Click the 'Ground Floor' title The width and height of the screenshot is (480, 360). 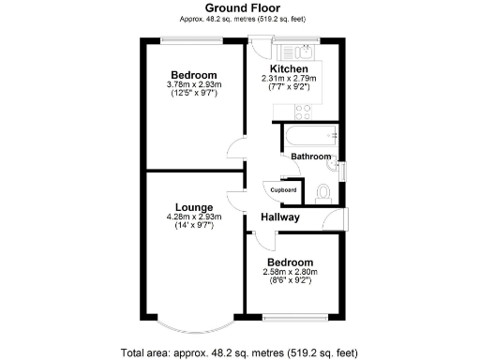click(239, 7)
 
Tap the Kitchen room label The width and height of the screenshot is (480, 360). click(290, 69)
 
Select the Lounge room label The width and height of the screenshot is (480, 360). click(194, 207)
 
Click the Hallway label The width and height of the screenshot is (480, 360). click(280, 217)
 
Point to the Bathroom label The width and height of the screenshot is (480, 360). click(309, 157)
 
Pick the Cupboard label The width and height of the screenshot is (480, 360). click(284, 190)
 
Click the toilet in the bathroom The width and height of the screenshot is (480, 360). click(324, 190)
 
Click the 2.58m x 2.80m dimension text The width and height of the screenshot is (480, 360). click(290, 273)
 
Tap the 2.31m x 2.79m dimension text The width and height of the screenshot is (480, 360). click(290, 80)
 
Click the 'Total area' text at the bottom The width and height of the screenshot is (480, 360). click(239, 352)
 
